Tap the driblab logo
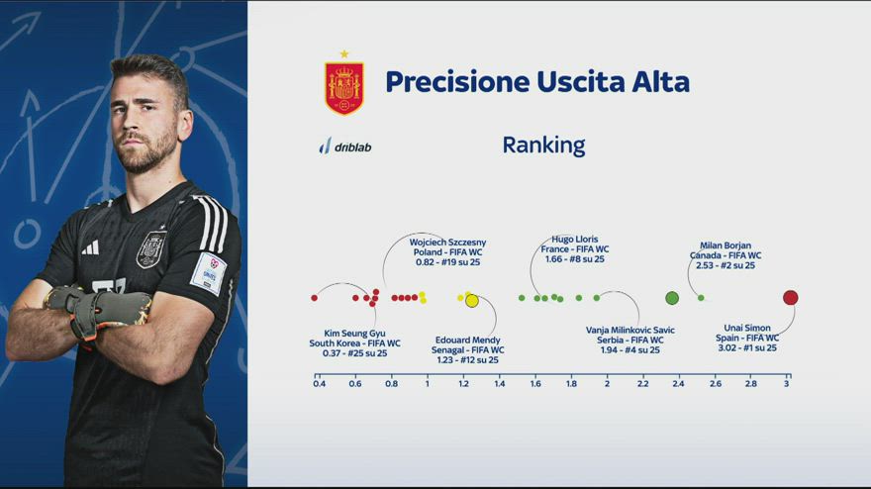pos(345,147)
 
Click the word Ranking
pos(543,146)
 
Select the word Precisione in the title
pos(457,82)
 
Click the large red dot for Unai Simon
pos(790,298)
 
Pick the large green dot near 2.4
pos(672,298)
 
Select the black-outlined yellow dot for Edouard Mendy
pos(471,301)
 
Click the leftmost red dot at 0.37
pos(315,298)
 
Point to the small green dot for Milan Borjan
pos(701,298)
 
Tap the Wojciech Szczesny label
pos(447,243)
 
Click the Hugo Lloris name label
pos(575,239)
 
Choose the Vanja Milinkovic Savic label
pos(629,330)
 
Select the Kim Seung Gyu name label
pos(354,334)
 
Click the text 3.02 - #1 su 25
pos(747,347)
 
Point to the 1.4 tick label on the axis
pos(500,383)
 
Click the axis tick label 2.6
pos(716,383)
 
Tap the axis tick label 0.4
pos(320,383)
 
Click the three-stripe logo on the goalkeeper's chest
pos(90,247)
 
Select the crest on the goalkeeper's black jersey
pos(151,248)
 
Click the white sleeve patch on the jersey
pos(208,273)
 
